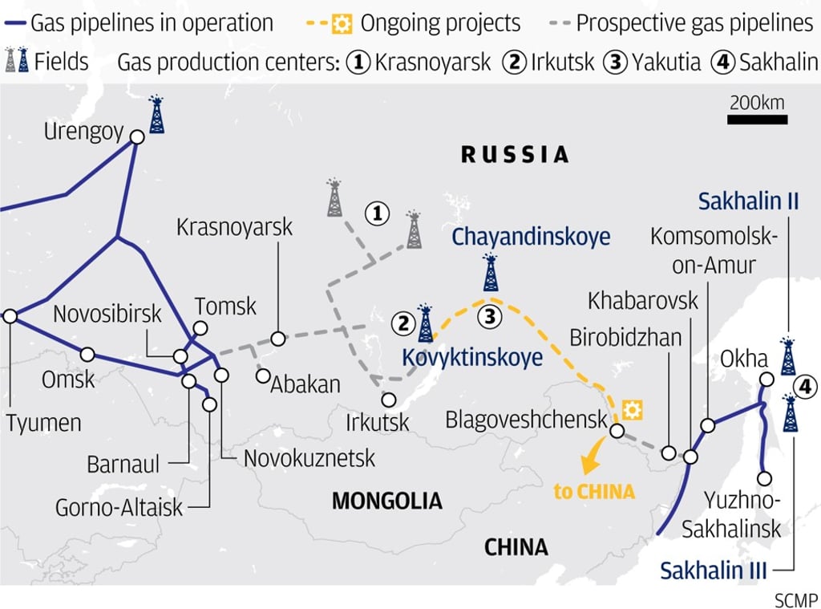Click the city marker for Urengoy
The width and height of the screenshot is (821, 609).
(137, 137)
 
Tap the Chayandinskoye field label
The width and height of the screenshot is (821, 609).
(531, 237)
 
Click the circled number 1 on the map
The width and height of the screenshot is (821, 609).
(377, 213)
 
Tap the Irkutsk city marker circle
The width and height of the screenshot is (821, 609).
(389, 399)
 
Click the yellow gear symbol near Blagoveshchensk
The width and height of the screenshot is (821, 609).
(633, 410)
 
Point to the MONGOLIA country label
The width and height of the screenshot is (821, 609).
(387, 501)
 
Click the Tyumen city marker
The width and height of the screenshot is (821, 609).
(10, 317)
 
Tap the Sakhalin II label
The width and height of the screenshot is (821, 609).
(748, 201)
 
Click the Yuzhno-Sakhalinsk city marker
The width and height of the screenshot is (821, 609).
(765, 478)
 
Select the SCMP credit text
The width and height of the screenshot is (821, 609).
(796, 599)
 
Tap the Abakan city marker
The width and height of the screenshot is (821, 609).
(262, 375)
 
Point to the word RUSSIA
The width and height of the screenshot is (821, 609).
(515, 154)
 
